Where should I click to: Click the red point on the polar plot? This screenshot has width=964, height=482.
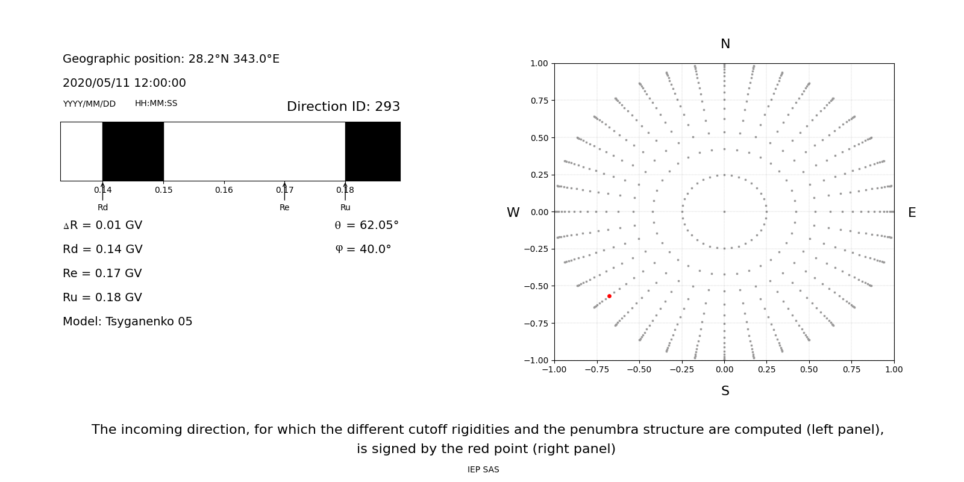609,296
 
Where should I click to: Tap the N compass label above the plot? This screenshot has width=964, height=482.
725,44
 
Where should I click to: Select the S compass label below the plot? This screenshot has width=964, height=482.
725,391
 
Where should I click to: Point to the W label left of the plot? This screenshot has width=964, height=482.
513,213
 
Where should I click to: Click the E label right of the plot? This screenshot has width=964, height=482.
912,213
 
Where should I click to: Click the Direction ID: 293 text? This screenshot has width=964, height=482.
343,107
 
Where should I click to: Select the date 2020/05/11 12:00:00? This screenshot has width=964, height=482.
124,83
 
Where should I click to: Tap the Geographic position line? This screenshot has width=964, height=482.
171,59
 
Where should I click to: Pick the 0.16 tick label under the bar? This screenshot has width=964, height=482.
224,190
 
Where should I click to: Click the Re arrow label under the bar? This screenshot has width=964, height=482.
284,208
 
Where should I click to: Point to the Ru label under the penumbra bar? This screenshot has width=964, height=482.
345,208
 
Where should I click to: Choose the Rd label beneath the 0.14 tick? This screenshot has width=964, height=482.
102,208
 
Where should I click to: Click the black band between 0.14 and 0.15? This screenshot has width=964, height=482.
133,151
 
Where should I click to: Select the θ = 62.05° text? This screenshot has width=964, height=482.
366,225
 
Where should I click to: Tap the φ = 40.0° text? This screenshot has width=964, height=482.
363,249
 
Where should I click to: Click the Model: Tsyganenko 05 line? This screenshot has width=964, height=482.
128,322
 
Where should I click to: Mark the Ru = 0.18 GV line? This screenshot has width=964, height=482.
102,298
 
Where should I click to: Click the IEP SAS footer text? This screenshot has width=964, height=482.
483,470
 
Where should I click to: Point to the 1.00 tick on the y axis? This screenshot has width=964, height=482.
539,63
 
